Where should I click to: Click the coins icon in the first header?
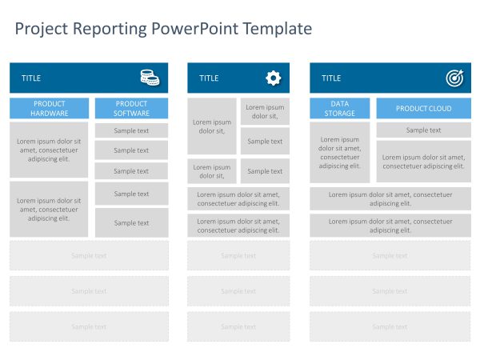tap(150, 78)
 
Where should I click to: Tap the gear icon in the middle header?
tap(273, 78)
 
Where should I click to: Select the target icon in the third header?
tap(454, 78)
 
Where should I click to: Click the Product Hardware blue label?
tap(50, 108)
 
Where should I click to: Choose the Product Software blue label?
tap(131, 108)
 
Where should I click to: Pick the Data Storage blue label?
tap(340, 108)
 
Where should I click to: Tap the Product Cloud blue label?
tap(423, 109)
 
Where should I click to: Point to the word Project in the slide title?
tap(42, 30)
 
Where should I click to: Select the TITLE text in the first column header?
tap(31, 78)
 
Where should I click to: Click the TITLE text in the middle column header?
tap(209, 78)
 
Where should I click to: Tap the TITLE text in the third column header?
tap(331, 78)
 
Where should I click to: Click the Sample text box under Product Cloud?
tap(423, 130)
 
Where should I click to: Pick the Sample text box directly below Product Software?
tap(131, 130)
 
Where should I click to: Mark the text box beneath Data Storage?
tap(340, 152)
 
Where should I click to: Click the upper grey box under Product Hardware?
tap(50, 150)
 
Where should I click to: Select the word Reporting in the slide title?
tap(110, 30)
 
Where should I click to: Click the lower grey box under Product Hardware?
tap(50, 209)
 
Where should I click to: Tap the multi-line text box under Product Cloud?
tap(423, 162)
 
